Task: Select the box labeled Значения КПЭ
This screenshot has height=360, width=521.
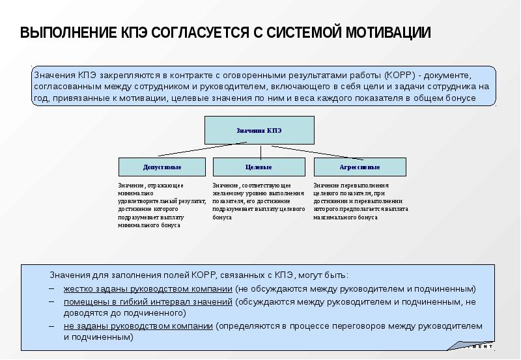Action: coord(259,130)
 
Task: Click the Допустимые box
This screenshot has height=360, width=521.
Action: coord(162,167)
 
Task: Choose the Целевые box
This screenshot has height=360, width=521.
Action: coord(259,167)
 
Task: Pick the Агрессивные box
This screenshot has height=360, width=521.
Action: coord(359,167)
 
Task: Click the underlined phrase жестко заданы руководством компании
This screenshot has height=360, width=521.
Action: coord(148,288)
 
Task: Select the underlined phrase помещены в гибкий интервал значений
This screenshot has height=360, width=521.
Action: coord(148,301)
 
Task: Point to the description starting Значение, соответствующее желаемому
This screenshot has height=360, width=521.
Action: coord(259,202)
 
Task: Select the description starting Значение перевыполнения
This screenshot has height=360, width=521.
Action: coord(360,202)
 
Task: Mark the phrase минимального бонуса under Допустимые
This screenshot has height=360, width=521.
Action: coord(149,225)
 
